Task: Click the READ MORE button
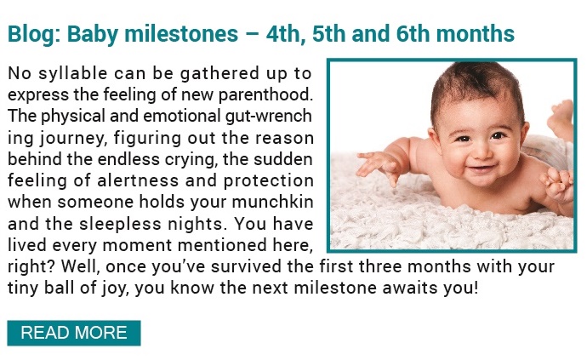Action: coord(74,333)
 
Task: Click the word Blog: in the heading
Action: coord(34,34)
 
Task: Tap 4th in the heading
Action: coord(283,34)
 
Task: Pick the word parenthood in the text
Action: coord(265,94)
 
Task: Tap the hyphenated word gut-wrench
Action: coord(269,116)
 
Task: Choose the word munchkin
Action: coord(272,202)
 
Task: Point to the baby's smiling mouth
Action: coord(482,168)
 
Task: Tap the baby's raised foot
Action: coord(561,117)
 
